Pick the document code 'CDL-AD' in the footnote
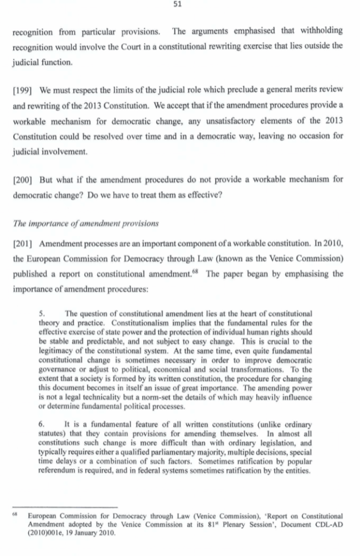pyautogui.click(x=327, y=524)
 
